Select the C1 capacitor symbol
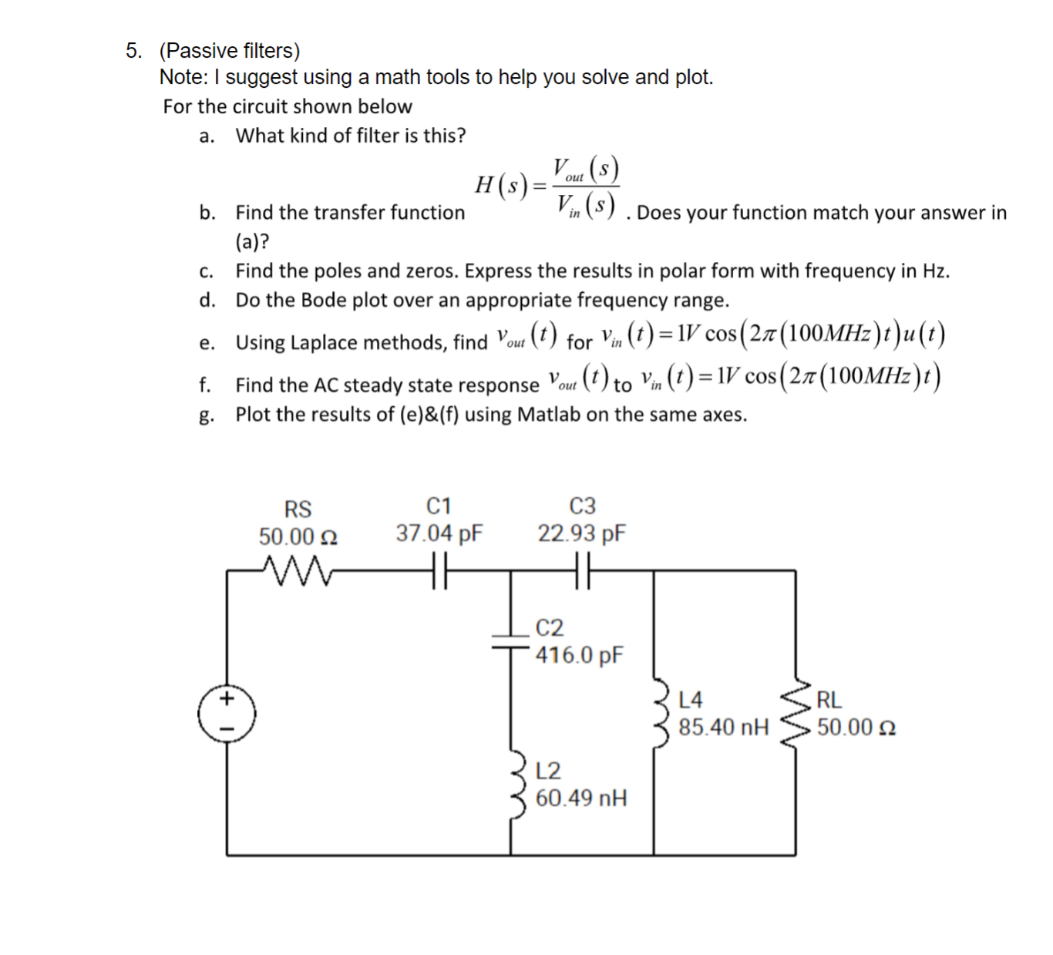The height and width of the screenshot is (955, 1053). [439, 571]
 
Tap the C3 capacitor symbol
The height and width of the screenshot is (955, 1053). [582, 571]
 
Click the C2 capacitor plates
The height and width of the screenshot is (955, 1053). [510, 641]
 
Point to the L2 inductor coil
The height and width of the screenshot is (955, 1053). [518, 784]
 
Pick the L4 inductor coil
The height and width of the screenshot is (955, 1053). [661, 713]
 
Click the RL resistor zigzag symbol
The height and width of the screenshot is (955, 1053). [796, 713]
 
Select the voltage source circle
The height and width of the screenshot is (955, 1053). [227, 714]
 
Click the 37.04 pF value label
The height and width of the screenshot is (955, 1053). [439, 533]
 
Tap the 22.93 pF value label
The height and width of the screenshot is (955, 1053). [582, 533]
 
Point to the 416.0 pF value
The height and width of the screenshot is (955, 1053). [580, 656]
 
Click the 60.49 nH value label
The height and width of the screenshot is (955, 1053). [581, 799]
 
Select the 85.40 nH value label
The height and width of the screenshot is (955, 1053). [723, 728]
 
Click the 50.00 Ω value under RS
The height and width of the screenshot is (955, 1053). [298, 536]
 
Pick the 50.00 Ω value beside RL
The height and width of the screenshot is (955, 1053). [856, 728]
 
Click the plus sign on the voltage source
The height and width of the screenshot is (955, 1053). [227, 699]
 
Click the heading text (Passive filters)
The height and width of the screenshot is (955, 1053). [230, 51]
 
